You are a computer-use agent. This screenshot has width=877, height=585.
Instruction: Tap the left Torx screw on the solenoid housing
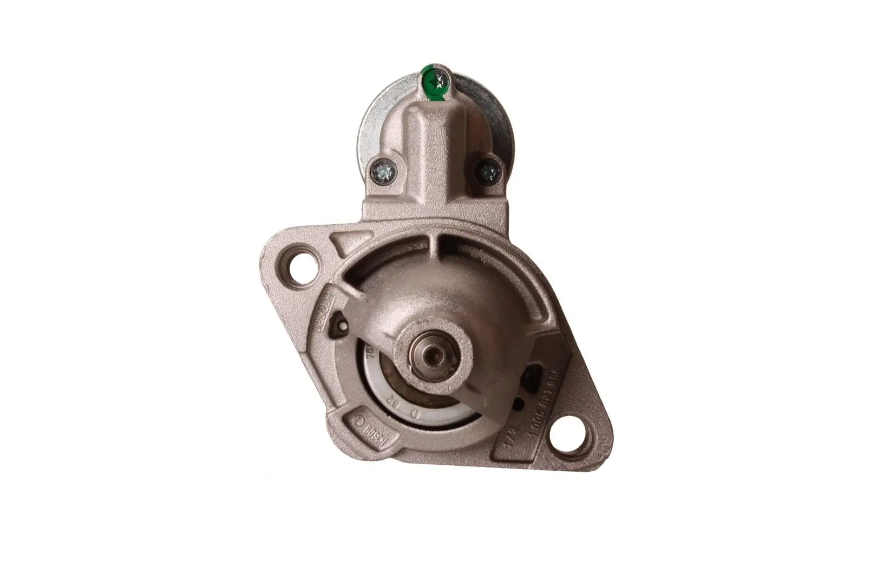click(384, 172)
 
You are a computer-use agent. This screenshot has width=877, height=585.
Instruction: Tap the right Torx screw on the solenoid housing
click(488, 172)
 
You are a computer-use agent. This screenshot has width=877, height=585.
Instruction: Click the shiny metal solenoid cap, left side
click(373, 125)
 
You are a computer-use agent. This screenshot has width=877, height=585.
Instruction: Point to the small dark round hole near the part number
click(519, 404)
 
